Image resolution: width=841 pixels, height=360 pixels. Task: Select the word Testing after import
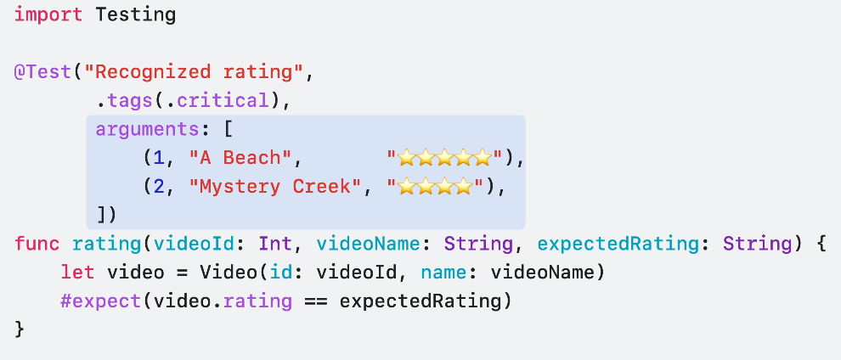(x=136, y=14)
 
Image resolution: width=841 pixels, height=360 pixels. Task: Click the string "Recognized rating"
(x=195, y=71)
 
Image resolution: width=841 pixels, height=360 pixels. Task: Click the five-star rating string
(x=445, y=158)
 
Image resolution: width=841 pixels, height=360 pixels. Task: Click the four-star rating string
(x=435, y=187)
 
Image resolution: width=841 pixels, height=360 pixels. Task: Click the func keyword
(x=37, y=245)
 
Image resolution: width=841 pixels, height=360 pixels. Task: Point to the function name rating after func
(x=107, y=245)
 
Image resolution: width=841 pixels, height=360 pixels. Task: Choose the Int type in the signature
(x=275, y=245)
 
